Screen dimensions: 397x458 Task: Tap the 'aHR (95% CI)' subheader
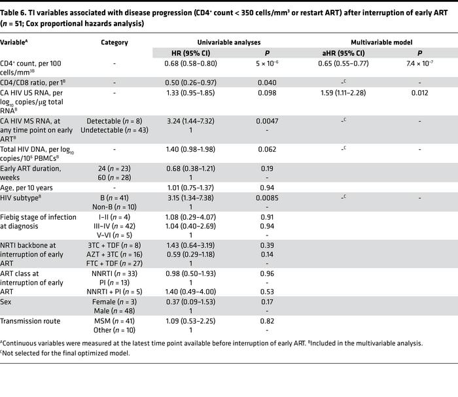[344, 53]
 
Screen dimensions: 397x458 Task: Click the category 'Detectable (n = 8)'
[114, 122]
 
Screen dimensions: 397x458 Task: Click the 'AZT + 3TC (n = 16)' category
[114, 253]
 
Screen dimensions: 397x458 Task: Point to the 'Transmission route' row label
[29, 320]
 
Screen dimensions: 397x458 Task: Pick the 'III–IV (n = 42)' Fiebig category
[114, 224]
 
